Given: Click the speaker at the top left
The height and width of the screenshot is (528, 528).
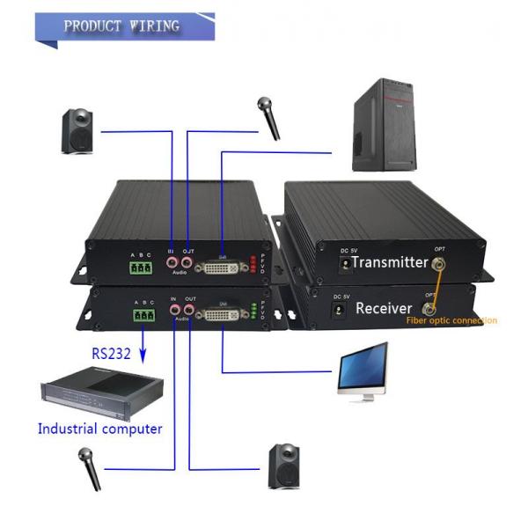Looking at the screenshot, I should pos(78,131).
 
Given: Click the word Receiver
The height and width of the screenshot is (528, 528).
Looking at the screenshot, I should pos(384,308).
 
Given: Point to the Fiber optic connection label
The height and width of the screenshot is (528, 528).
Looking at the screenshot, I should pos(451,320).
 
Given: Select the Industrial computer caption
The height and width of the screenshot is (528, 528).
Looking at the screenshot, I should pos(99,429).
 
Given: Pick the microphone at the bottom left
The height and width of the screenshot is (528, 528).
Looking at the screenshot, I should pos(88,468).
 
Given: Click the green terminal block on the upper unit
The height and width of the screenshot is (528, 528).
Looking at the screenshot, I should pos(141,268).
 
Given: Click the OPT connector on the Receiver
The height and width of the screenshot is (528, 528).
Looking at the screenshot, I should pos(429,308).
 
